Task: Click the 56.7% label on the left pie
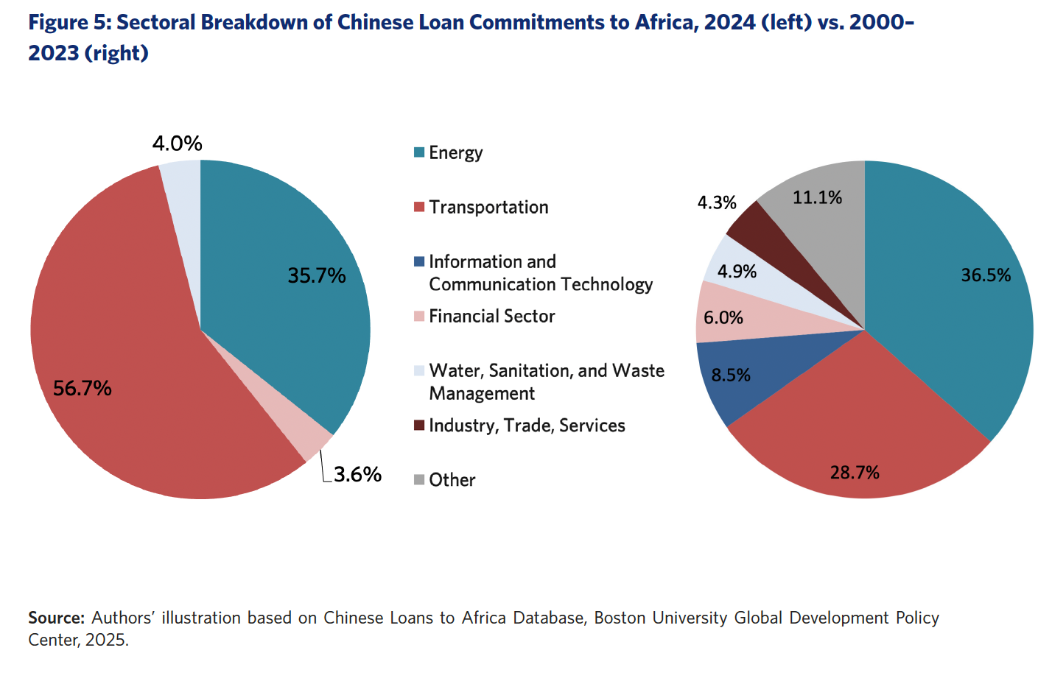click(83, 388)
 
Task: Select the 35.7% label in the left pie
click(316, 275)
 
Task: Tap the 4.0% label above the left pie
click(177, 143)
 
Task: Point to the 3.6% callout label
click(357, 474)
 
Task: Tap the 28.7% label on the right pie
click(855, 473)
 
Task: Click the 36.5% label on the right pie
click(986, 275)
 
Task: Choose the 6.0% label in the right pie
click(723, 317)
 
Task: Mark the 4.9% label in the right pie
click(737, 272)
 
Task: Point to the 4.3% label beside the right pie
click(717, 202)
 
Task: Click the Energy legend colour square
click(419, 152)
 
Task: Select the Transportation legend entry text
click(488, 207)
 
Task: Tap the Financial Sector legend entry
click(491, 316)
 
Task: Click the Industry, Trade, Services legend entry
click(527, 426)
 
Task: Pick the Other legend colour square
click(419, 480)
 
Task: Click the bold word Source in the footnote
click(56, 618)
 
